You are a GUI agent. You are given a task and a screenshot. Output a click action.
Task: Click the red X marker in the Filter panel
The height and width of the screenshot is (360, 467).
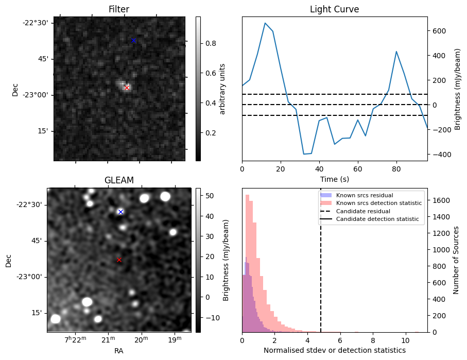(127, 88)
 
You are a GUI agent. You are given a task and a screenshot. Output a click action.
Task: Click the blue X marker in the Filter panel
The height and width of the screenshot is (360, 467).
(133, 40)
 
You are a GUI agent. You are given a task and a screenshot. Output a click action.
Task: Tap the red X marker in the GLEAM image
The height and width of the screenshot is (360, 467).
(119, 260)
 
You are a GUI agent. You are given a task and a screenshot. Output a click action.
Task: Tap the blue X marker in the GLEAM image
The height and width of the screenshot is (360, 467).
(120, 212)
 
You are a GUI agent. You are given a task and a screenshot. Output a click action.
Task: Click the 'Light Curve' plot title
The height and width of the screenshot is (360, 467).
(334, 9)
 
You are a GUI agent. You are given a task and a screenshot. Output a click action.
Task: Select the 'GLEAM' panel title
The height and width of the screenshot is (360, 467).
(119, 180)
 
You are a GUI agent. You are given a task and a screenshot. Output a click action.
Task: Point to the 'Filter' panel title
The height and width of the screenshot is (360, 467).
(119, 9)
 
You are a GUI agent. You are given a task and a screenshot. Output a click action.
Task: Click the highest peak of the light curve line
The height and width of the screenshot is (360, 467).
(265, 23)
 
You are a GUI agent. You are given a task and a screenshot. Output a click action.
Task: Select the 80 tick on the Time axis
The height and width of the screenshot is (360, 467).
(396, 168)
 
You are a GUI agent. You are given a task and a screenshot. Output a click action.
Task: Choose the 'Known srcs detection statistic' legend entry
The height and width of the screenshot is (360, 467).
(378, 203)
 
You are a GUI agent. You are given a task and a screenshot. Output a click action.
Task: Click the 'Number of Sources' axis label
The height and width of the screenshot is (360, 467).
(456, 260)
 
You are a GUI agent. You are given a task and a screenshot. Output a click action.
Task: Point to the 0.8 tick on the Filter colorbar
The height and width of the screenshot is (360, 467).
(210, 43)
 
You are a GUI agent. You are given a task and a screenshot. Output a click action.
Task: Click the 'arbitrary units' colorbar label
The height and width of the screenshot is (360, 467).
(222, 89)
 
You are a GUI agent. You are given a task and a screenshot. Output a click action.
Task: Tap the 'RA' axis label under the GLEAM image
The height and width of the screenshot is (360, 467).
(119, 351)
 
